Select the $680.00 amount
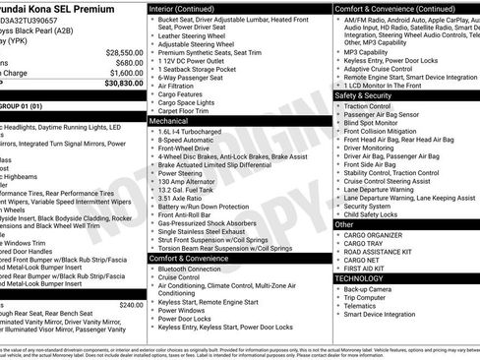pyautogui.click(x=129, y=62)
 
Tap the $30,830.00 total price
pyautogui.click(x=124, y=84)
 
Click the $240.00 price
pyautogui.click(x=131, y=305)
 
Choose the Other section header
pyautogui.click(x=344, y=224)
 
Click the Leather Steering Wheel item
pyautogui.click(x=197, y=35)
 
